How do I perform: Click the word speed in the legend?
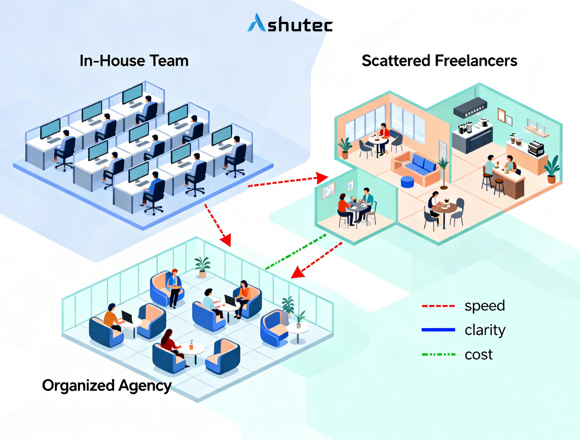485,306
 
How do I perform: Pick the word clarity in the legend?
485,330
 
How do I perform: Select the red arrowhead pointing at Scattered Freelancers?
322,178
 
